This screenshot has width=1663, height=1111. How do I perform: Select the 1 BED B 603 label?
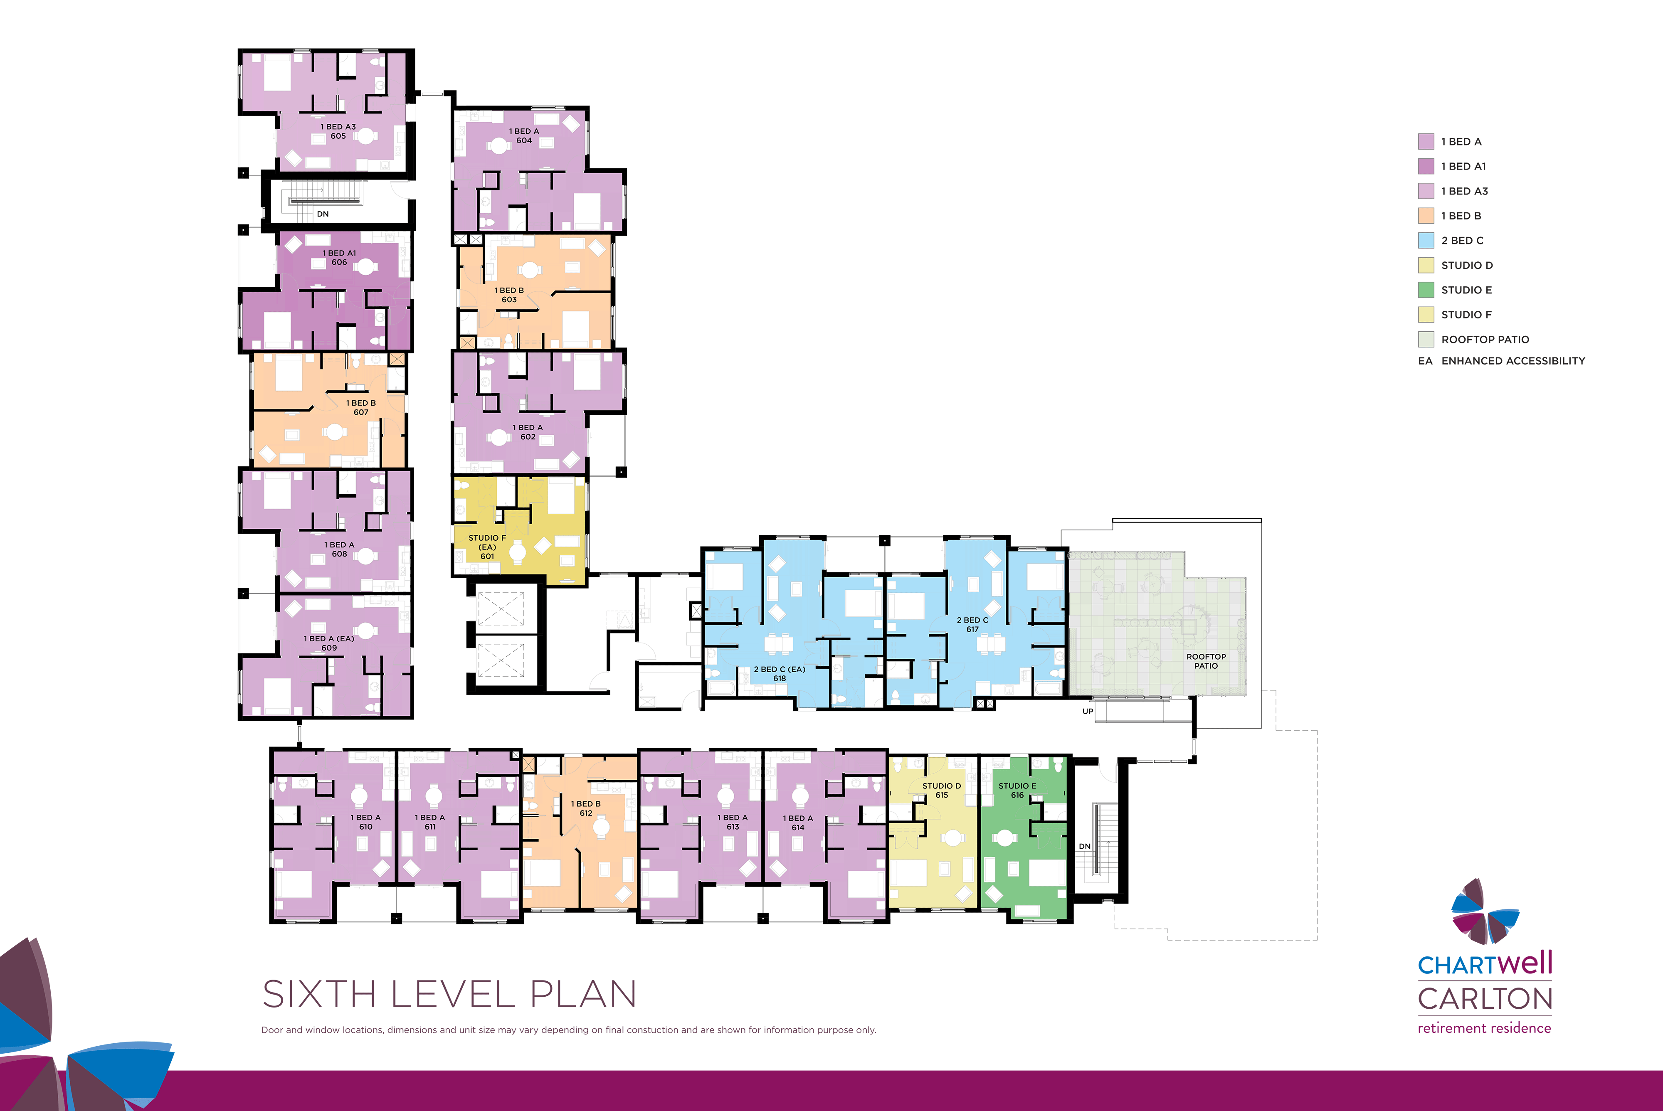509,295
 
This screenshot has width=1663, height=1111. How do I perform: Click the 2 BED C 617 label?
972,624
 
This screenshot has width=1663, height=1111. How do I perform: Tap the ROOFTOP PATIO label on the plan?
1206,661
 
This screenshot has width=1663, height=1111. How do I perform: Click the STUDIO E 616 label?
1017,790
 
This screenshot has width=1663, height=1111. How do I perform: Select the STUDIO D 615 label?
942,790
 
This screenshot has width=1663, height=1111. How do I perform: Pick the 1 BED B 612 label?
586,808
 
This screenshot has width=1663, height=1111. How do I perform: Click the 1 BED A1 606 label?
339,257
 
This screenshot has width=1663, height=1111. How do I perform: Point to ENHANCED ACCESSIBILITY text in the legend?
1513,361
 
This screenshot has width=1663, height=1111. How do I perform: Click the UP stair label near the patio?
1088,712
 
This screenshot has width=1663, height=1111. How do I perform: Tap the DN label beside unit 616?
1085,846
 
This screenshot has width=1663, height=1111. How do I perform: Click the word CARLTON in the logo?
1485,998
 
